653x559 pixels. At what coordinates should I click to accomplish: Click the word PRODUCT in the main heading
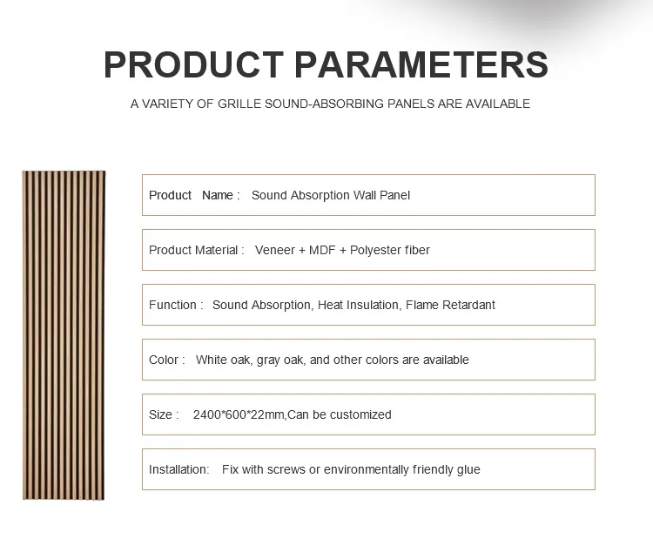pos(193,65)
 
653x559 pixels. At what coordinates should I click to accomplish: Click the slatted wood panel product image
pos(64,335)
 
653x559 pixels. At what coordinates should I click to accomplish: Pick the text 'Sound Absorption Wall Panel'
pos(331,195)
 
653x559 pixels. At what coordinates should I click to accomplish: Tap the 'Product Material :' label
pos(197,250)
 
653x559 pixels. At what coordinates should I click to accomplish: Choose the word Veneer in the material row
pos(275,250)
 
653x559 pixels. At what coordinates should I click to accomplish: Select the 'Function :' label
pos(176,305)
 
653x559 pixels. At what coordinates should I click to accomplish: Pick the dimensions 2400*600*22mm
pos(239,414)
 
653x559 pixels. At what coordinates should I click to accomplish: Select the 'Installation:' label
pos(179,469)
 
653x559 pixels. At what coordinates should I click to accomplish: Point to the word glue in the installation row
pos(468,469)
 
